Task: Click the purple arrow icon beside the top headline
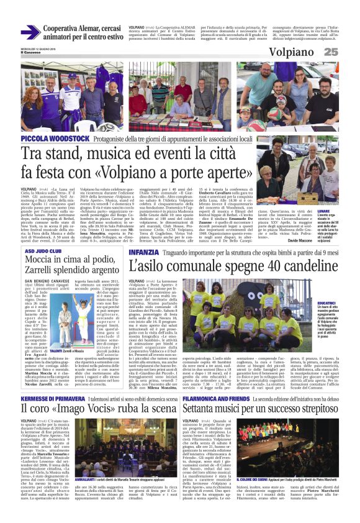click(30, 32)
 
